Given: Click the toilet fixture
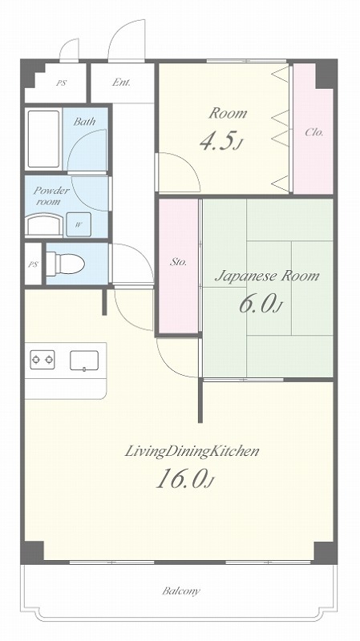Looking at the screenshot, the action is (x=65, y=264).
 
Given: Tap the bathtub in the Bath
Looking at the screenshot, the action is (x=44, y=139).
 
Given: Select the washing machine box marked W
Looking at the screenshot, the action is (x=79, y=224).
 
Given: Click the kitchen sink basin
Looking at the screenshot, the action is (x=84, y=361).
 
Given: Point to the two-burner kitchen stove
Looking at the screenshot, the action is (x=42, y=360).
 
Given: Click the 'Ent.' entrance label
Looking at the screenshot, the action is (x=121, y=83).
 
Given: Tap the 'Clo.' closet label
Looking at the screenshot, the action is (x=314, y=132).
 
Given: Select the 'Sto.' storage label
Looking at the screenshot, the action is (x=178, y=263).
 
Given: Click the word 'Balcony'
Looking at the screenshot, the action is (x=181, y=591).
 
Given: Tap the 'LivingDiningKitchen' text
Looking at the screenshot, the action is (x=192, y=452).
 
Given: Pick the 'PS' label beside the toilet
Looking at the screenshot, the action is (x=33, y=264).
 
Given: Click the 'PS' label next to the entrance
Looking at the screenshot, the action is (x=62, y=83).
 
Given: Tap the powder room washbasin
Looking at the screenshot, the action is (x=44, y=226).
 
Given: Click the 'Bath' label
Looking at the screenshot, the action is (x=84, y=122).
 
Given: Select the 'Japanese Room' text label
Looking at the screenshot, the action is (x=267, y=276).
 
